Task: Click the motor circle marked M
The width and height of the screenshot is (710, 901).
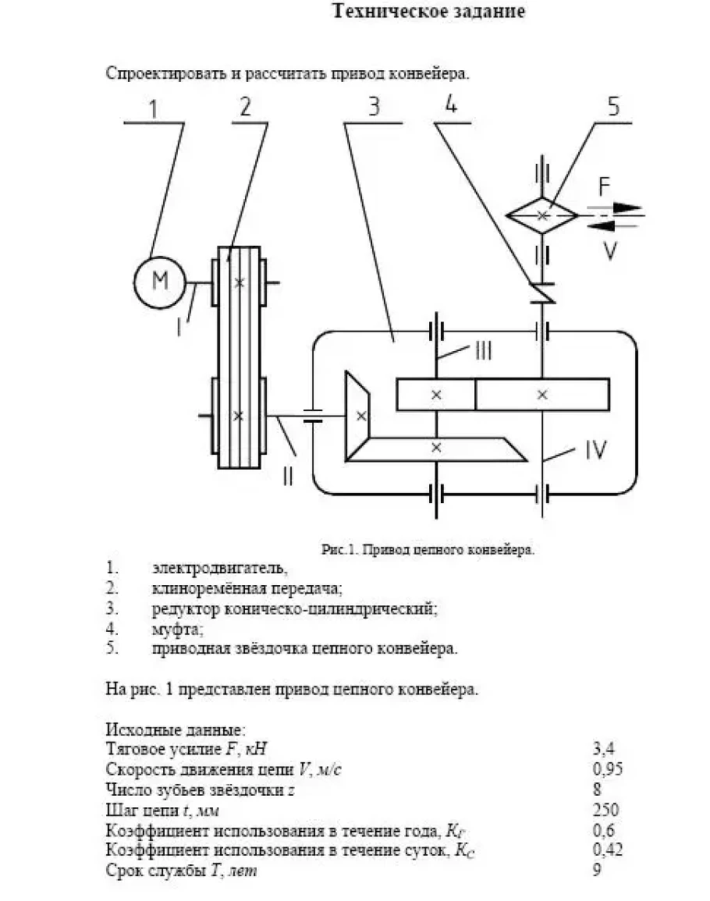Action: pyautogui.click(x=160, y=282)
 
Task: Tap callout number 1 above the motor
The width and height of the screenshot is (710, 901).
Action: pyautogui.click(x=153, y=109)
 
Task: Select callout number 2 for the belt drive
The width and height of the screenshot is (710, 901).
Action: pyautogui.click(x=246, y=108)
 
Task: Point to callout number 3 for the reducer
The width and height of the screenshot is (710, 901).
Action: pyautogui.click(x=375, y=106)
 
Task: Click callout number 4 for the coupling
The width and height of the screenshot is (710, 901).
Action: pyautogui.click(x=451, y=104)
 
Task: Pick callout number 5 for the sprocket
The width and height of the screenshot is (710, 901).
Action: pyautogui.click(x=614, y=107)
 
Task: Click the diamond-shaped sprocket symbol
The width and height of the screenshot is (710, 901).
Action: pyautogui.click(x=542, y=215)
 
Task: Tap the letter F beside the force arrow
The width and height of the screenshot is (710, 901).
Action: pyautogui.click(x=604, y=186)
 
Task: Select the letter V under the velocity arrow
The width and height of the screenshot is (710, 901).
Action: pyautogui.click(x=610, y=250)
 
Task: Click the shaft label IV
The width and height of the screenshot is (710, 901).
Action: pyautogui.click(x=595, y=450)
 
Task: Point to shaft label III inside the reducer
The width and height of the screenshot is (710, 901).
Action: pyautogui.click(x=484, y=350)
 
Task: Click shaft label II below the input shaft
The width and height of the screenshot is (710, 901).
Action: pyautogui.click(x=288, y=475)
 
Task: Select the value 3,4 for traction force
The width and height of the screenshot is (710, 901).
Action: pyautogui.click(x=603, y=748)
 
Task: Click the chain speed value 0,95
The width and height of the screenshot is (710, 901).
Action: pyautogui.click(x=608, y=769)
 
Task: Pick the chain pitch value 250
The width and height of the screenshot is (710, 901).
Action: pyautogui.click(x=606, y=810)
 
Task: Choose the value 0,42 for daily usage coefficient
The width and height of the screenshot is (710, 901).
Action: pyautogui.click(x=608, y=850)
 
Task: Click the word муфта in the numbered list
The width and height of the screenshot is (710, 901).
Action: pyautogui.click(x=177, y=629)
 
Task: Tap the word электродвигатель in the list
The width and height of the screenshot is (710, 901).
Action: pyautogui.click(x=219, y=568)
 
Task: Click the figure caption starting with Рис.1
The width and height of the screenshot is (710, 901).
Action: pyautogui.click(x=428, y=550)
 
